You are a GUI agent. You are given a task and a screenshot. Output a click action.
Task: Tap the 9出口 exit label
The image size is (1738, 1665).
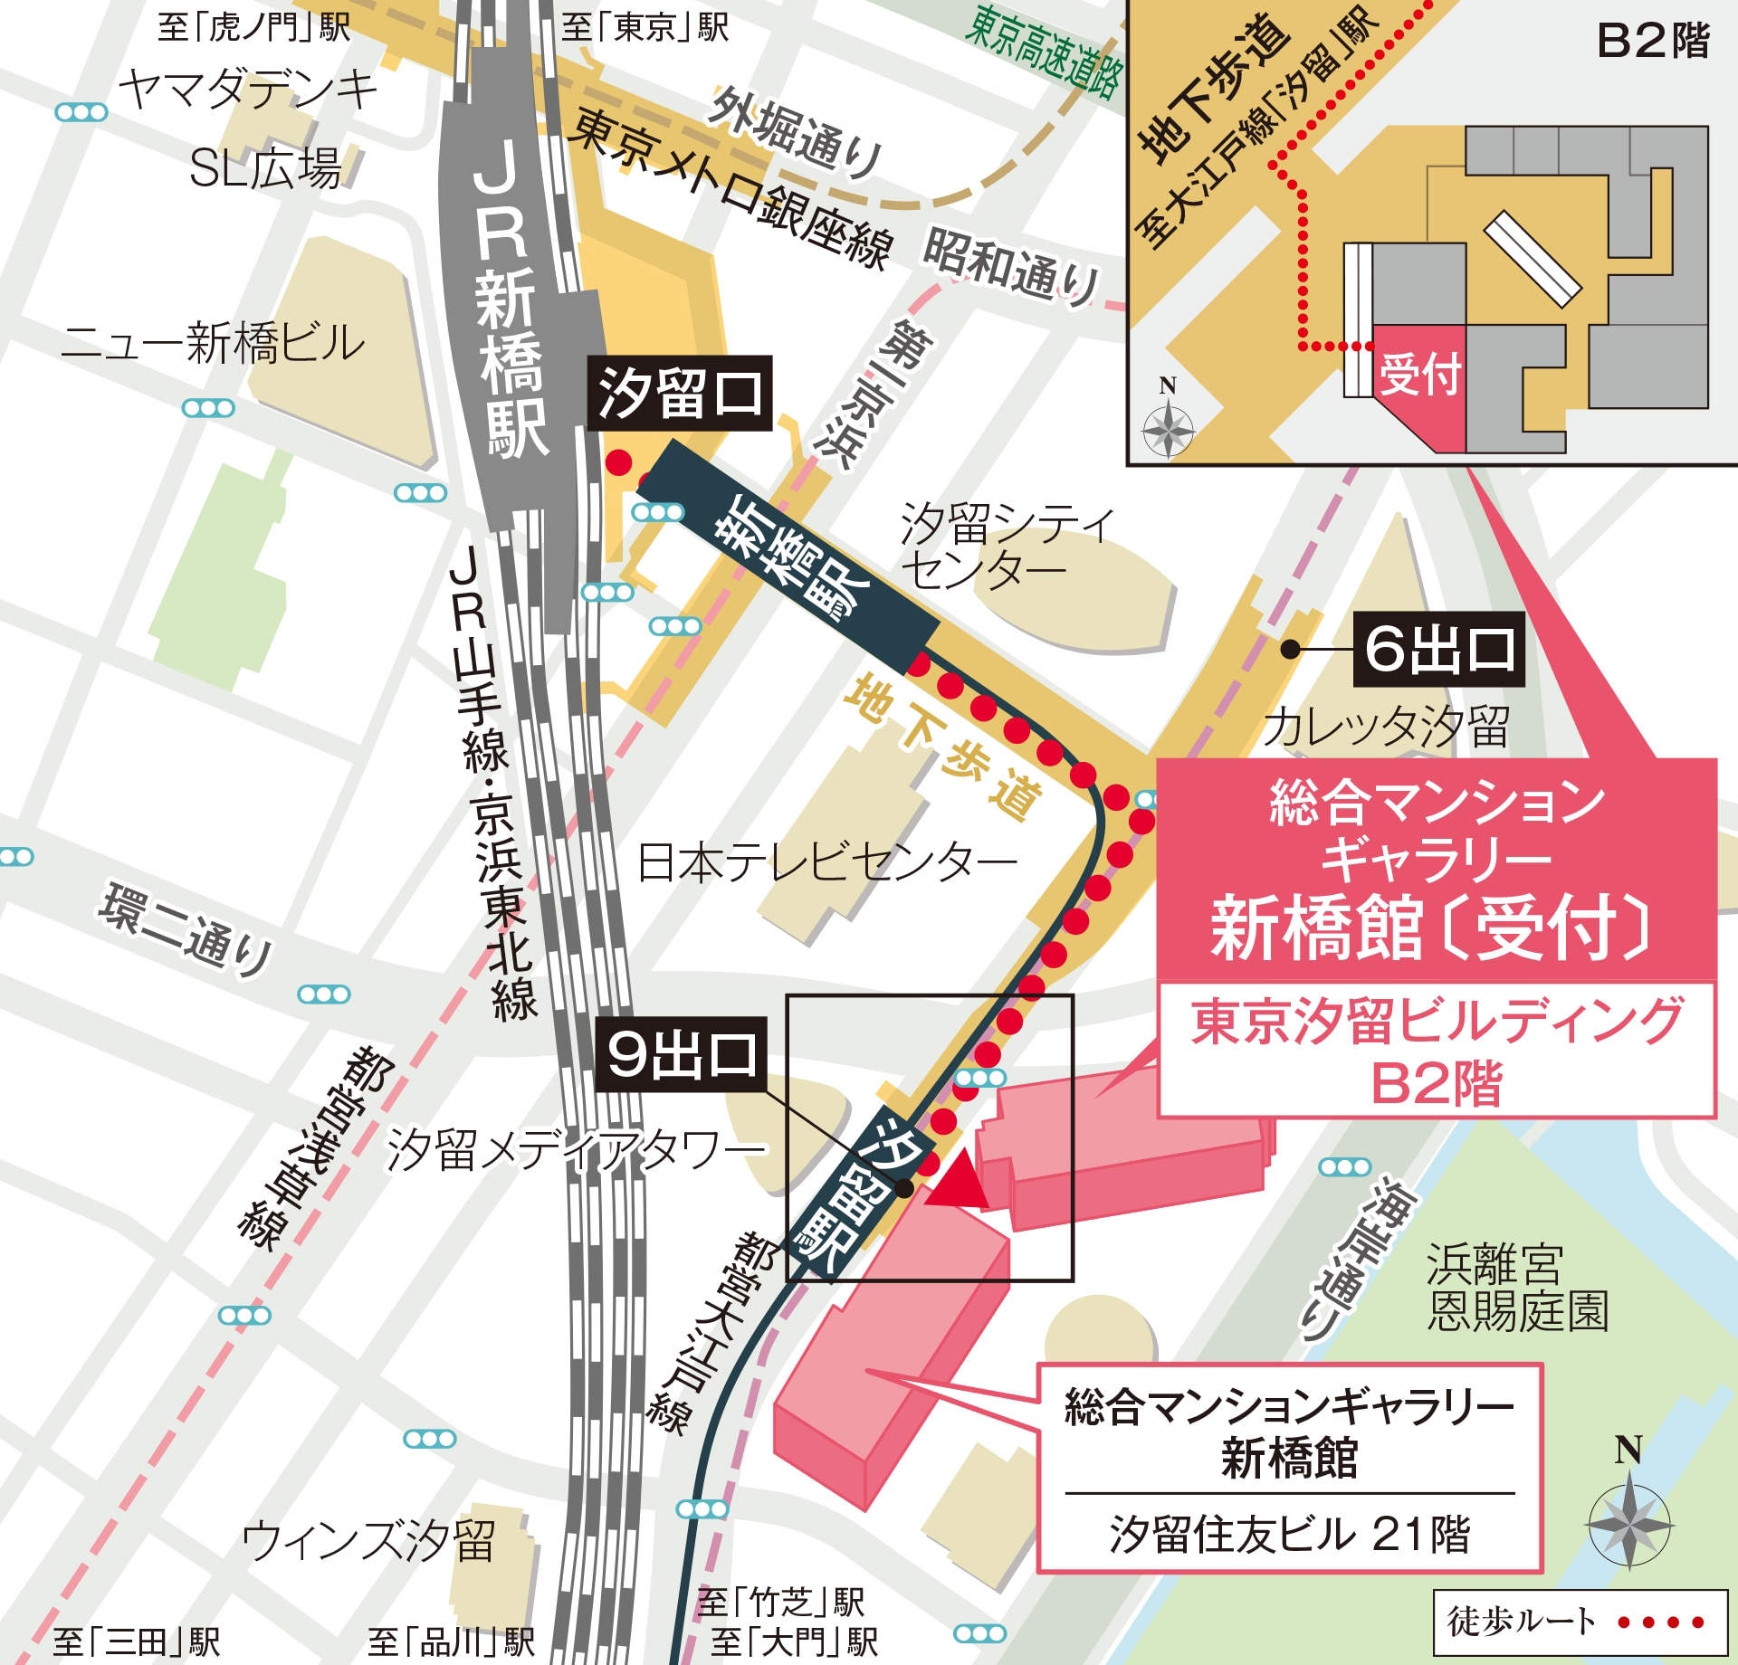681,1054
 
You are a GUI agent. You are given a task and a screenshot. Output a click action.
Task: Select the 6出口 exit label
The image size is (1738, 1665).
1438,649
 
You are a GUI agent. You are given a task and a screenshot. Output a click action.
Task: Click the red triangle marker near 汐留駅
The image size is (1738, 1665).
959,1179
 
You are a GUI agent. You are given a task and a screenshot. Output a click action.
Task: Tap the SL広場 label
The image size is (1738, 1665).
265,168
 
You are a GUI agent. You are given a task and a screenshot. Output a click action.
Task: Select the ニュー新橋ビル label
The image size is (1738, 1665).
213,344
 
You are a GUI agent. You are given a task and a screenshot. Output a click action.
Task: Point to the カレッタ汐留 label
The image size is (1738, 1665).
1385,727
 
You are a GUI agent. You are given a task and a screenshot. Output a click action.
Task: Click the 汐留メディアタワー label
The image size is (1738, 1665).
576,1152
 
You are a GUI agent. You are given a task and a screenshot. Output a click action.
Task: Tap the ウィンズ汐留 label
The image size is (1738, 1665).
369,1541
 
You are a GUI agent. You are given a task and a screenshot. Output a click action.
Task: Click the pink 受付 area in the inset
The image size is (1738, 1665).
1419,376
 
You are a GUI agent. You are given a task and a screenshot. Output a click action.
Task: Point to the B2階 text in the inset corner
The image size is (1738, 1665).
1652,41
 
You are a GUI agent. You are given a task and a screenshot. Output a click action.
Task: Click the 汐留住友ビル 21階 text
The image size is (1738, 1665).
1289,1535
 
